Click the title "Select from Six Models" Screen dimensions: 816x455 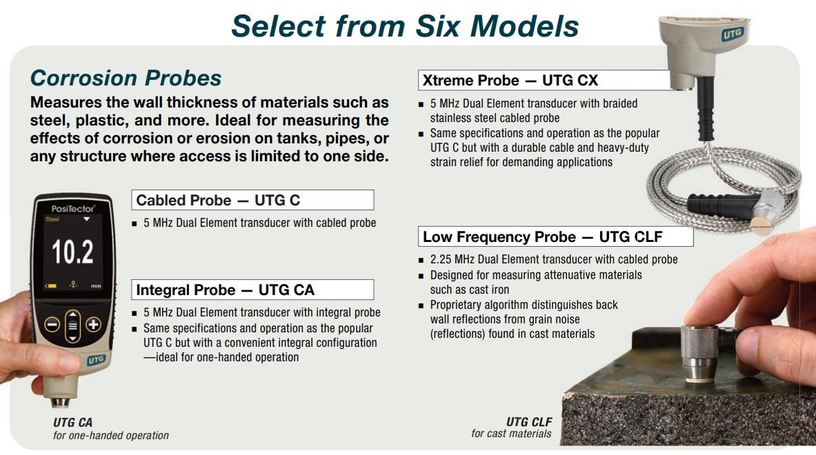click(x=405, y=26)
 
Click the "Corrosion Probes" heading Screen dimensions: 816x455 click(x=126, y=78)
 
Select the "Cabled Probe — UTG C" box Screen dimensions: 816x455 click(x=252, y=200)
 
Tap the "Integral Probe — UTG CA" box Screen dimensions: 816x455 click(x=252, y=290)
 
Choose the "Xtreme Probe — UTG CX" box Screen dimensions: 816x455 click(x=544, y=80)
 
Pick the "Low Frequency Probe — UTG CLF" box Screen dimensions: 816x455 click(x=556, y=236)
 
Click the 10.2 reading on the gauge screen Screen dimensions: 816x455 click(x=72, y=252)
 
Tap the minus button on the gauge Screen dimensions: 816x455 click(x=52, y=325)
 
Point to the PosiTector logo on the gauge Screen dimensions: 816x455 click(x=73, y=208)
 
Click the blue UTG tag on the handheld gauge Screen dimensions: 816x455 click(x=96, y=360)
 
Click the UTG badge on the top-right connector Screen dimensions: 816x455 click(x=733, y=34)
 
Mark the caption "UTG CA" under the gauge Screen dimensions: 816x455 click(x=73, y=422)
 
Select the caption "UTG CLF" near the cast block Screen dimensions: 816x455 click(x=529, y=422)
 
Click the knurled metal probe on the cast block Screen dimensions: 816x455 click(x=700, y=354)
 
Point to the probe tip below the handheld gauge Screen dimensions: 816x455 click(x=61, y=403)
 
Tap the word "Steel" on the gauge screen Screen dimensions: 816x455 click(x=52, y=219)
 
